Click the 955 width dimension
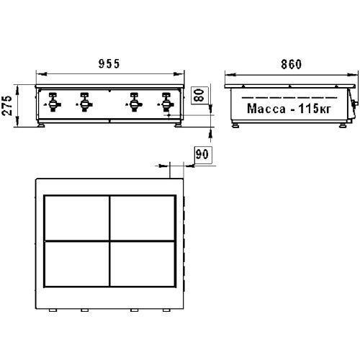[109, 64]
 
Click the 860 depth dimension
[291, 64]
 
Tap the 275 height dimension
[7, 105]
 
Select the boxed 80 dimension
[199, 95]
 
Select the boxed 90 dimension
[203, 155]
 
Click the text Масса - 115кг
[289, 109]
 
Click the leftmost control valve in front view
[53, 102]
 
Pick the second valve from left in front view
[84, 102]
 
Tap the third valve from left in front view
[134, 102]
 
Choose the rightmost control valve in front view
[166, 102]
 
